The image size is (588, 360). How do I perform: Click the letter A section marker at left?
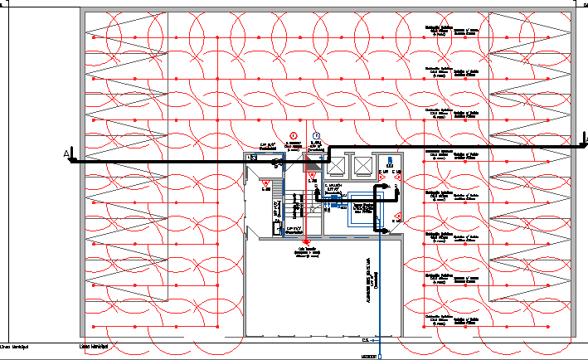[x=66, y=153]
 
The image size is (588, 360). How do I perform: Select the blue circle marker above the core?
[x=316, y=136]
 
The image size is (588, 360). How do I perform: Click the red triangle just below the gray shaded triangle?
[x=312, y=175]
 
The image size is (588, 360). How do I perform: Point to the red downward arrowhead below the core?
[x=305, y=241]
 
